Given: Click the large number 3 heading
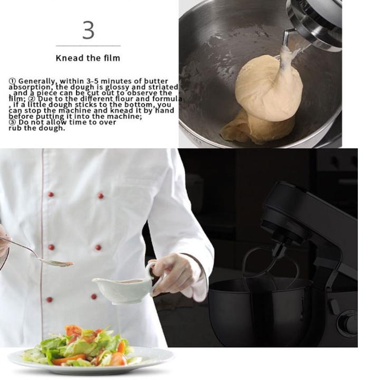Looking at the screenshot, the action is [88, 30].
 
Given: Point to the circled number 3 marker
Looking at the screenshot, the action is [12, 122].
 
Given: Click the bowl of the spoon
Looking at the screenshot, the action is [56, 262].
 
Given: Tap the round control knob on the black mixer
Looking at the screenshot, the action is [347, 323].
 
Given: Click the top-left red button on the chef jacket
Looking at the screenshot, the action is [51, 194].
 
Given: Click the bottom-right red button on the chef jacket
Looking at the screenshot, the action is [94, 297].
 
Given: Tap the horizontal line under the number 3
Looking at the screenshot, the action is [88, 45].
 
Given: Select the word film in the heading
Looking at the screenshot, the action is [112, 58].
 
